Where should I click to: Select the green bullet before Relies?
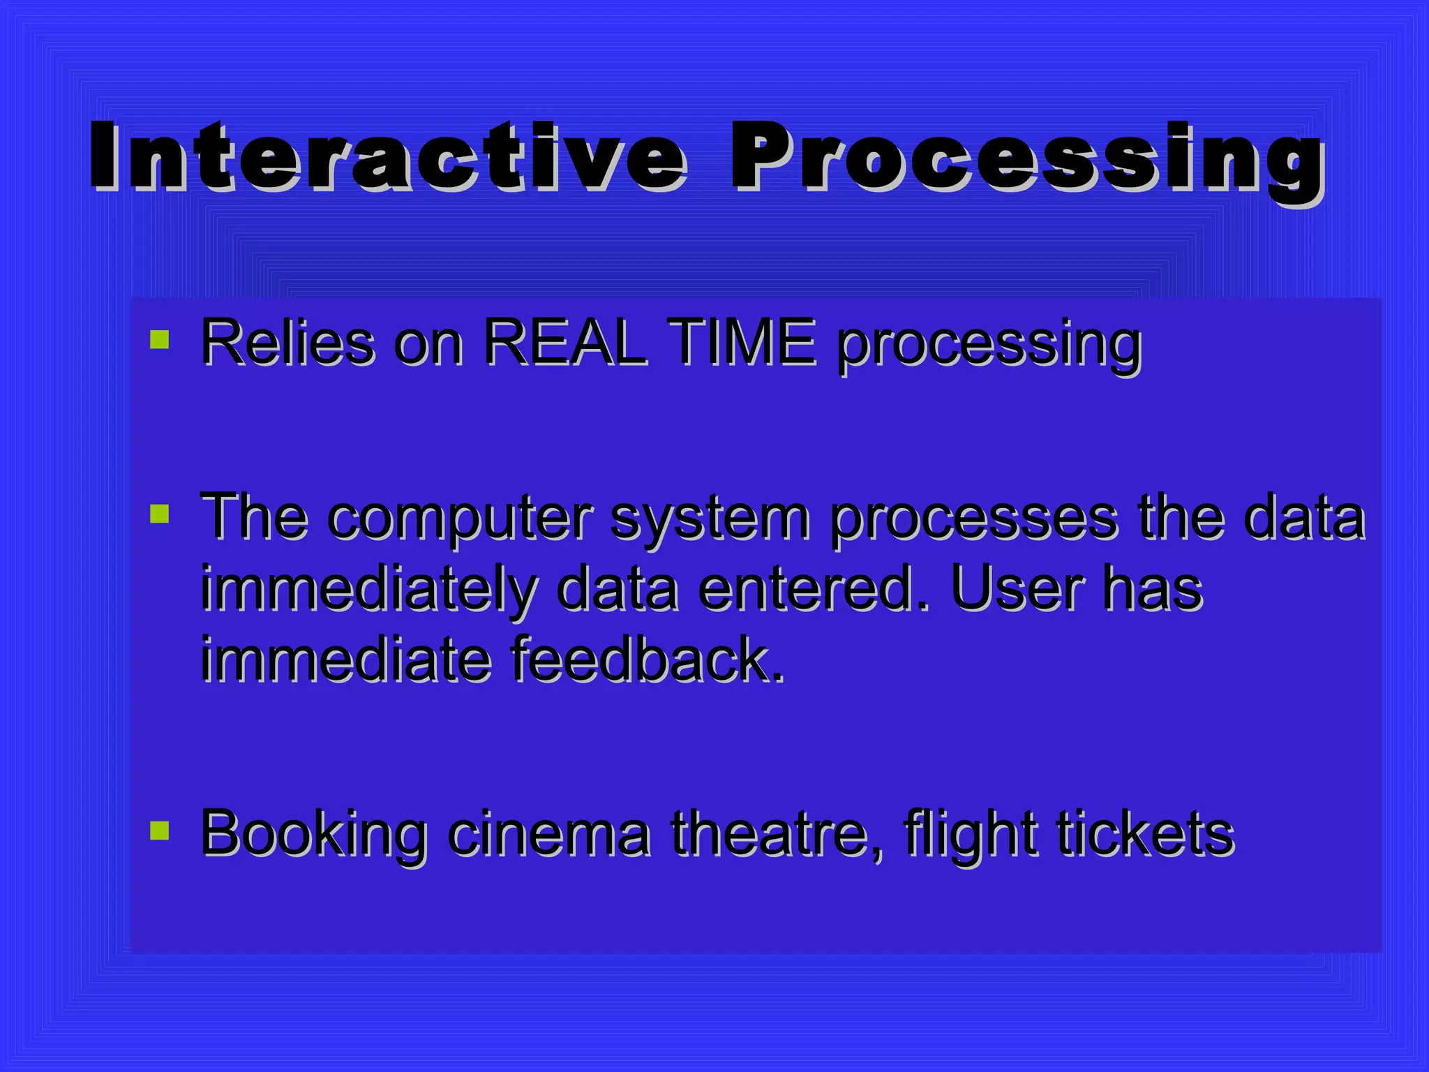[x=160, y=340]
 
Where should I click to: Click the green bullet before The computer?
[x=160, y=514]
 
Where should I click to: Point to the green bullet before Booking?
[x=160, y=830]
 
